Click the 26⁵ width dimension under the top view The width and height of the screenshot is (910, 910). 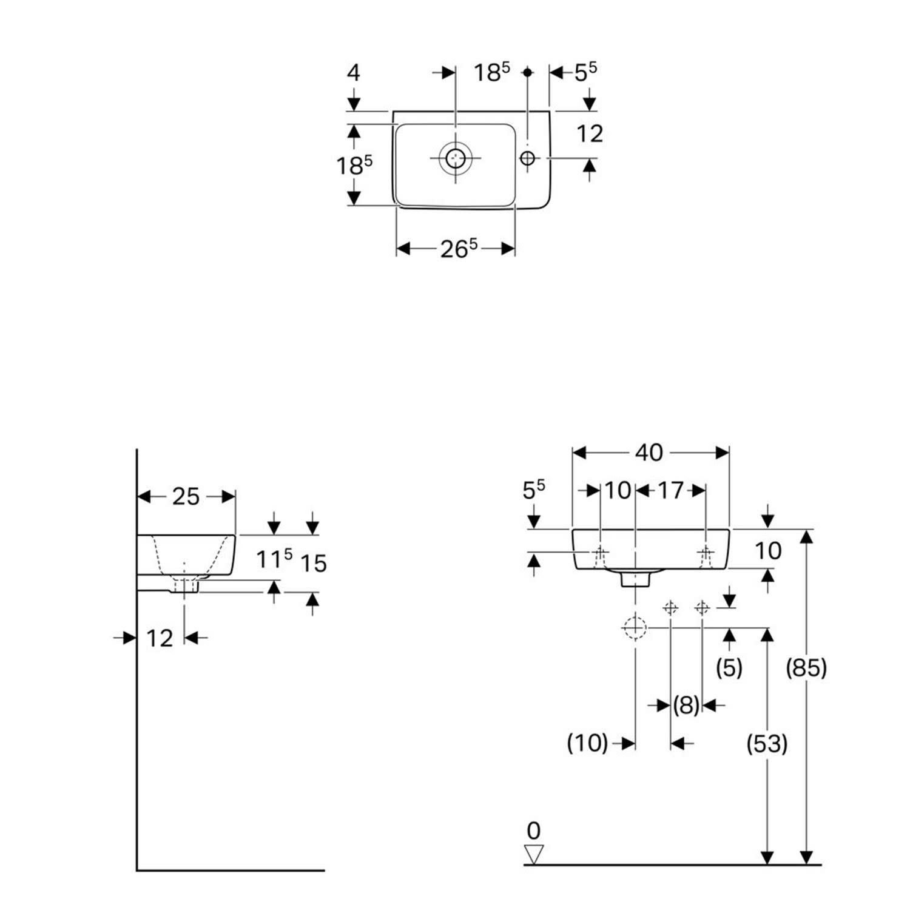(x=459, y=248)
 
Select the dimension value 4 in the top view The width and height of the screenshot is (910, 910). (x=353, y=73)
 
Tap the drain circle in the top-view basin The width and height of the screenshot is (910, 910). (x=455, y=158)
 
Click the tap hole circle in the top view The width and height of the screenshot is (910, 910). (x=527, y=158)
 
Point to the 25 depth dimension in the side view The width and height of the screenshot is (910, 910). (x=186, y=496)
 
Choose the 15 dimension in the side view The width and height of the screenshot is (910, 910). (x=314, y=564)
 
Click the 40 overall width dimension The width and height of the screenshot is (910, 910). (x=649, y=453)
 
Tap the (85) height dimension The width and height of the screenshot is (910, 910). (x=806, y=668)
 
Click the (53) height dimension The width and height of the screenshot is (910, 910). (x=767, y=743)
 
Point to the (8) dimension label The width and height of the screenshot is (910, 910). (x=686, y=705)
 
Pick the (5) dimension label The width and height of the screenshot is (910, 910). (x=729, y=667)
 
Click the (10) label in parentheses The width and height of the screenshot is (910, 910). (x=587, y=743)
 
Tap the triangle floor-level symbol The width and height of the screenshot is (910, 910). (x=534, y=854)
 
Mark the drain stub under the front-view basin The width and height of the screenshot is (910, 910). (x=635, y=579)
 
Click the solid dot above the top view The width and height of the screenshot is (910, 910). (x=527, y=72)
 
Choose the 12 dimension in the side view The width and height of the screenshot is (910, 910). (x=160, y=638)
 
